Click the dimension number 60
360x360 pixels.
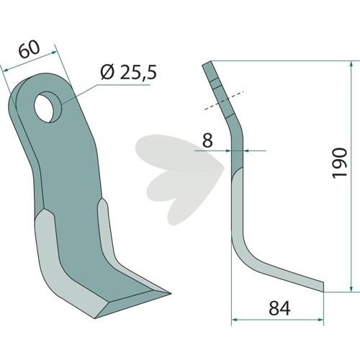point(29,50)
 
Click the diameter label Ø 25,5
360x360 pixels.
point(129,73)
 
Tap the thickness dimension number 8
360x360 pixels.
point(207,140)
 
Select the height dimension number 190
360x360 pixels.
point(339,163)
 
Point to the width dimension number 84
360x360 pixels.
point(279,308)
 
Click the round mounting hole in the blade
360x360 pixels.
point(48,107)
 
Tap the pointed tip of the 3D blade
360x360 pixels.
point(170,293)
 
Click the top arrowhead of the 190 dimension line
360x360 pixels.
point(351,65)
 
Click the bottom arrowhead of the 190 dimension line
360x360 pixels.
point(351,288)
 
